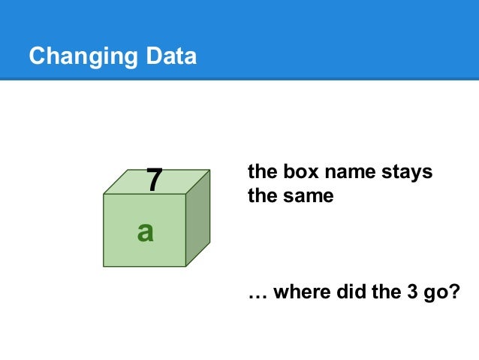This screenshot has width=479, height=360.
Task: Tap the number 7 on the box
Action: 154,180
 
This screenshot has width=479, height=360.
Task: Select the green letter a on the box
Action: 145,232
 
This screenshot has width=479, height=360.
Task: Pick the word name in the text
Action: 344,172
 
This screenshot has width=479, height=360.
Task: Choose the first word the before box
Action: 261,172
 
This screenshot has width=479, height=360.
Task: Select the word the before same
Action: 261,198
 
